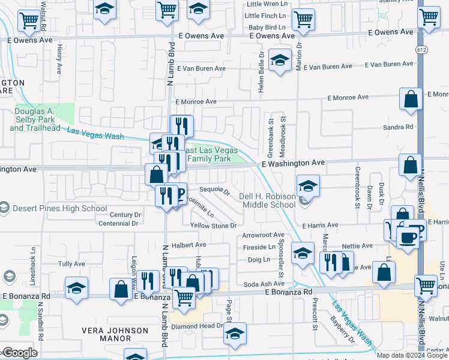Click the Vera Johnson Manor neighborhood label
point(116,334)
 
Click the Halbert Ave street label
point(189,245)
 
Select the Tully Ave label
point(71,264)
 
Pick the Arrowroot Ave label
point(263,235)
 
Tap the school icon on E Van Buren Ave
point(279,61)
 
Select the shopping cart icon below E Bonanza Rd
point(184,297)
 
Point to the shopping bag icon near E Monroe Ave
point(411,100)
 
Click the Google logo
point(20,353)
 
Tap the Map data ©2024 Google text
point(412,355)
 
